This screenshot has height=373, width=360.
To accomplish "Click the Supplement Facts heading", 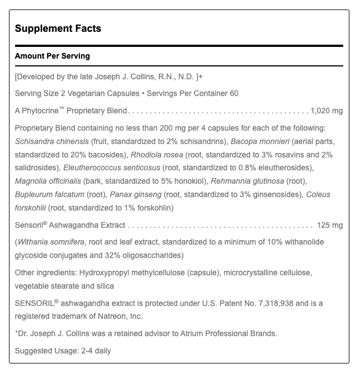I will pyautogui.click(x=58, y=28).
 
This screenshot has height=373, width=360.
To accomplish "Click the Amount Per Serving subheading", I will pyautogui.click(x=52, y=56).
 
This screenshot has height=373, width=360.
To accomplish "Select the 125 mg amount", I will pyautogui.click(x=330, y=226).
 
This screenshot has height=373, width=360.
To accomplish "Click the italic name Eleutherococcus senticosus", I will pyautogui.click(x=112, y=168).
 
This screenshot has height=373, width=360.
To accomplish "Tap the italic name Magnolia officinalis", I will pyautogui.click(x=48, y=181).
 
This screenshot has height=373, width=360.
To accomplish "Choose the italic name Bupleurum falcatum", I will pyautogui.click(x=49, y=195).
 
